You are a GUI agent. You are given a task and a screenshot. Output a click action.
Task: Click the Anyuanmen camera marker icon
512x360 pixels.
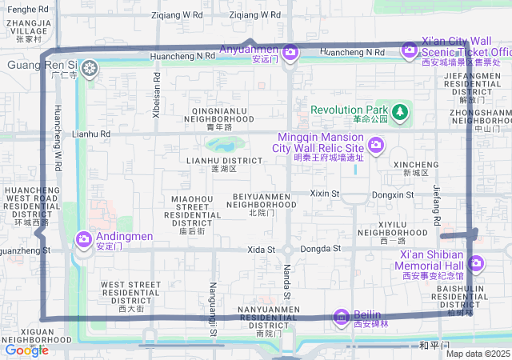pyautogui.click(x=290, y=53)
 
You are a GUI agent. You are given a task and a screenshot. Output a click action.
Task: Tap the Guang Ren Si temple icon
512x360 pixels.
pyautogui.click(x=89, y=69)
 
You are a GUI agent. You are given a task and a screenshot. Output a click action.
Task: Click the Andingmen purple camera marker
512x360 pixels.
pyautogui.click(x=84, y=238)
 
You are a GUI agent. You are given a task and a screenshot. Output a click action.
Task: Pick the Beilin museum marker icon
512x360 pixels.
pyautogui.click(x=342, y=318)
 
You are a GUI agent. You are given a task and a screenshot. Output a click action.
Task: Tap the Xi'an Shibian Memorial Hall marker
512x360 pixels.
pyautogui.click(x=476, y=262)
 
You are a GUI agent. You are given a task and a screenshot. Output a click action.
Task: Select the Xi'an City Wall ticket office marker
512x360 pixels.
pyautogui.click(x=410, y=50)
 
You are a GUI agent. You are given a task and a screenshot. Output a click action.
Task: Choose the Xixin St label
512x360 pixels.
pyautogui.click(x=325, y=194)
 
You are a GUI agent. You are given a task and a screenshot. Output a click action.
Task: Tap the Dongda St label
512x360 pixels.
pyautogui.click(x=320, y=250)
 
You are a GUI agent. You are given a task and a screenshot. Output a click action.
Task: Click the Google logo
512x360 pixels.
pyautogui.click(x=26, y=350)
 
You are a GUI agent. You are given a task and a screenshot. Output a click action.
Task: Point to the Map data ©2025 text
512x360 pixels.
pyautogui.click(x=478, y=354)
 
